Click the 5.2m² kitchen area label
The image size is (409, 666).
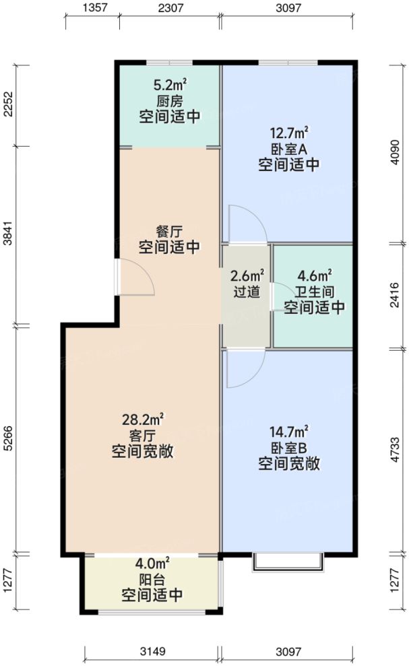tap(170, 86)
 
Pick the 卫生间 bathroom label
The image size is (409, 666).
tap(314, 292)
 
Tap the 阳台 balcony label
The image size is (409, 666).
tap(152, 578)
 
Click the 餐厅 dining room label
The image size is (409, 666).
tap(169, 231)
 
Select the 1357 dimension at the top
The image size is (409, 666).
tap(92, 9)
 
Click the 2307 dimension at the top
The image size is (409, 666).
tap(170, 9)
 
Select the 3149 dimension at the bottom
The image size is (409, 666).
tap(152, 652)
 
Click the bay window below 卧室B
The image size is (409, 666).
tap(288, 563)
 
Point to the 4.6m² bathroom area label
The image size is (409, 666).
tap(314, 275)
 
